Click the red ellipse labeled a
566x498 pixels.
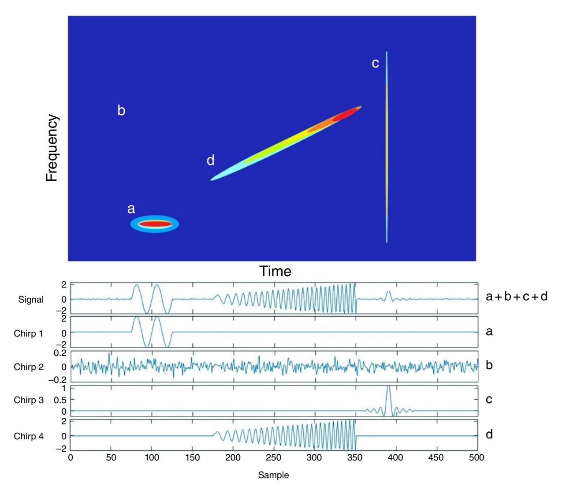[155, 224]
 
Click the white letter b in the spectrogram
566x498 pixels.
[121, 111]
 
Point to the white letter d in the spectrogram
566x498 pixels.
[211, 161]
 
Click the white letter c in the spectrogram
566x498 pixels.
[375, 64]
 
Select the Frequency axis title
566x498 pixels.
[52, 149]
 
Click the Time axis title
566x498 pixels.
[276, 271]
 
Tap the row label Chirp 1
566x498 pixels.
[29, 333]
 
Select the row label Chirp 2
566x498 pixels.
[29, 367]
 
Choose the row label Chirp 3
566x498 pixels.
[29, 401]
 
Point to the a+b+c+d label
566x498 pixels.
[516, 297]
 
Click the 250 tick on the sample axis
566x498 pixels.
[274, 458]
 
